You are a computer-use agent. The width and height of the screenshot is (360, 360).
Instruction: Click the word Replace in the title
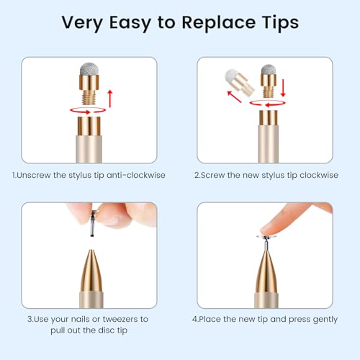pos(218,23)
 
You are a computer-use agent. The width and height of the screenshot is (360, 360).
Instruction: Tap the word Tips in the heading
pos(280,23)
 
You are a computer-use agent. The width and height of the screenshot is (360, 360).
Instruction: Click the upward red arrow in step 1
pos(110,99)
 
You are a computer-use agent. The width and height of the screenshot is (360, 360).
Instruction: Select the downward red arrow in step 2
pos(283,88)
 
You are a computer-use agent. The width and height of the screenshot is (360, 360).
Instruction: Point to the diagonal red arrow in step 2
pos(234,96)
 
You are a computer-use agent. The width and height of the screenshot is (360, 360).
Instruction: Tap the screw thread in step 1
pos(89,99)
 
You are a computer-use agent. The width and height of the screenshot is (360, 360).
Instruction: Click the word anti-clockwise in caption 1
pos(136,175)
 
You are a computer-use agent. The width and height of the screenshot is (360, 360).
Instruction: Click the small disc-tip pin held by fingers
pos(92,223)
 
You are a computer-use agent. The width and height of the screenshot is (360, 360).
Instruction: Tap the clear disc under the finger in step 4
pos(266,237)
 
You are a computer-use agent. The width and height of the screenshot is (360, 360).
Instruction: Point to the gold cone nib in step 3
pos(91,271)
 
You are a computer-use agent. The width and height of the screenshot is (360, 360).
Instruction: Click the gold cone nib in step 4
pos(266,271)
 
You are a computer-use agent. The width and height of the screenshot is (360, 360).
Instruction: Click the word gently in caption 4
pos(325,320)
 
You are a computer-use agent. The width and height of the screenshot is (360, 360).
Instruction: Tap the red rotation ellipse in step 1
pos(88,110)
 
